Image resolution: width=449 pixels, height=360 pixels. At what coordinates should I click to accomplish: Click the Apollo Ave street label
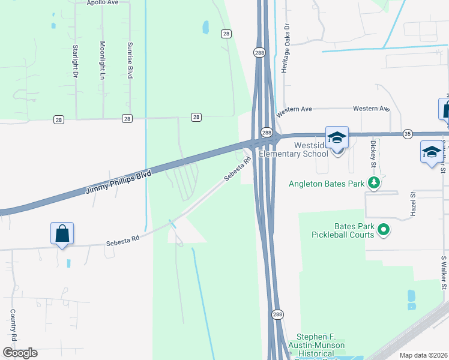pos(104,2)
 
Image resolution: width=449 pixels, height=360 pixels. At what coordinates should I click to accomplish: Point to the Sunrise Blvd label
pos(130,61)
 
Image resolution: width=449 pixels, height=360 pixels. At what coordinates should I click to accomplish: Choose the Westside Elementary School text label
pos(294,149)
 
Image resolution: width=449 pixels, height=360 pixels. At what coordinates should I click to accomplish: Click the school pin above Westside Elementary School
pos(337,137)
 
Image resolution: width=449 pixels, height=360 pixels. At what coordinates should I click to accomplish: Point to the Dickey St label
pos(373,154)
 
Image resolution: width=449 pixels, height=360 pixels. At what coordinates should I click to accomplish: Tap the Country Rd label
pos(12,324)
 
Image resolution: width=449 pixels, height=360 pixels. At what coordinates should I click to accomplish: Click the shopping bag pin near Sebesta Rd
pos(62,233)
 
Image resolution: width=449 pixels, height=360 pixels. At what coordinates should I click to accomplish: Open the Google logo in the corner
pos(20,353)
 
